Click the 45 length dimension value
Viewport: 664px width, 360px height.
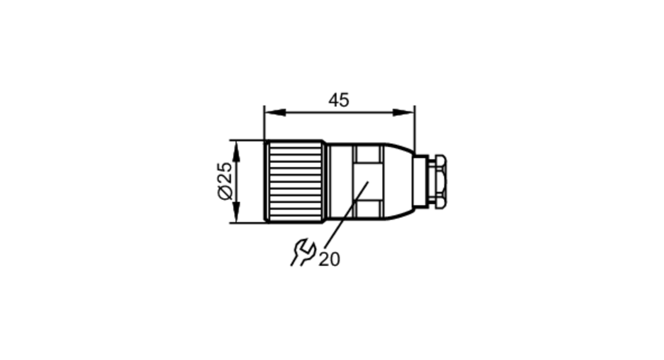[x=339, y=100]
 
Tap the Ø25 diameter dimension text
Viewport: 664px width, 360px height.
[x=225, y=181]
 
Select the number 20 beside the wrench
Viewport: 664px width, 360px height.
[x=329, y=259]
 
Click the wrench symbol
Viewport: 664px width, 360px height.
[x=303, y=252]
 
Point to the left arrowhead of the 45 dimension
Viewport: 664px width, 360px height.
[x=275, y=113]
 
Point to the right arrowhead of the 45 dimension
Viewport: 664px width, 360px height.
[x=403, y=113]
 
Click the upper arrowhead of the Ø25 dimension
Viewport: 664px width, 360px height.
[x=236, y=151]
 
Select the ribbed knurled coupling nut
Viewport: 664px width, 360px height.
[x=294, y=182]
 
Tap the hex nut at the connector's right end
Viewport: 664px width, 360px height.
[x=437, y=181]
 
